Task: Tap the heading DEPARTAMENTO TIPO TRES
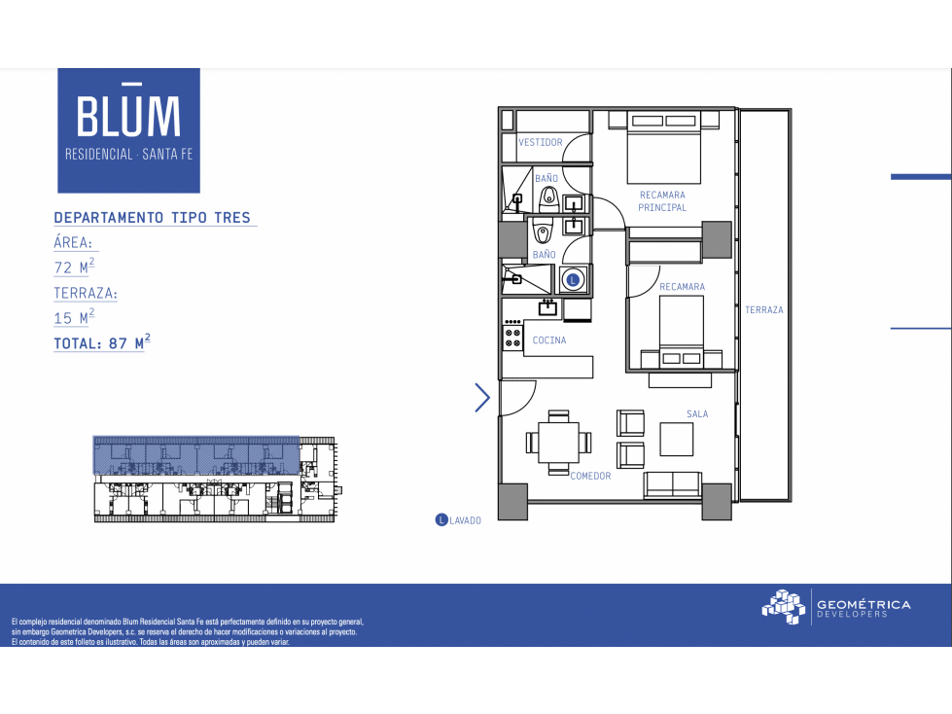click(153, 217)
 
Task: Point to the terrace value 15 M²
click(74, 316)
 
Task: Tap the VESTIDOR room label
click(541, 142)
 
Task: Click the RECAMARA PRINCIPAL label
click(662, 201)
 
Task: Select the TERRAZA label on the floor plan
click(763, 309)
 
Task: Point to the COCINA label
click(549, 340)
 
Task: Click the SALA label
click(697, 414)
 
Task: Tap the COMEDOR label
click(590, 476)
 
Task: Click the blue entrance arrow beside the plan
click(482, 398)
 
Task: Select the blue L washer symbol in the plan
click(573, 280)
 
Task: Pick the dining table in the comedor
click(558, 442)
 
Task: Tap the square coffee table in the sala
click(677, 439)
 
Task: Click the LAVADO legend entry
click(458, 520)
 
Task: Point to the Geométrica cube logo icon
click(784, 607)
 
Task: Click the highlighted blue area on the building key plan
click(196, 454)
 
